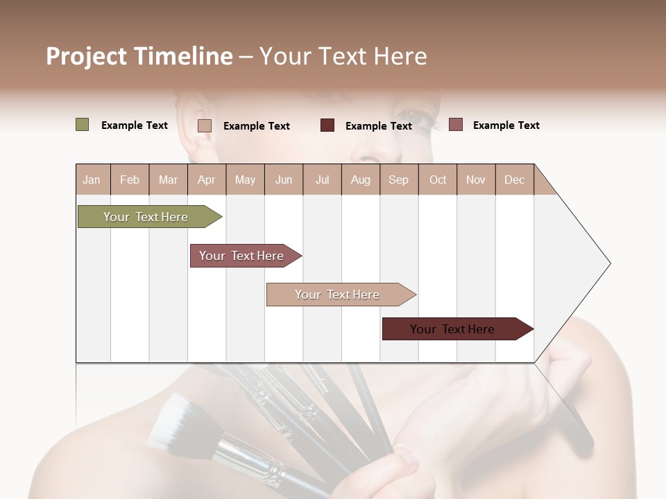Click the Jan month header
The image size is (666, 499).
tap(92, 180)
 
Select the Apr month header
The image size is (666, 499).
tap(206, 180)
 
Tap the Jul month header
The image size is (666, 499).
tap(322, 180)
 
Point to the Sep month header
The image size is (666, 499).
tap(398, 180)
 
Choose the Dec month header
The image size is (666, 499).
tap(514, 180)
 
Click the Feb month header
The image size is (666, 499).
tap(130, 180)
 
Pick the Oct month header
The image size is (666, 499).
tap(438, 180)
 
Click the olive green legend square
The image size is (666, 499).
tap(83, 125)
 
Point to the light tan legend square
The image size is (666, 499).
tap(205, 125)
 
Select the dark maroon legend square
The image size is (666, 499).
tap(327, 125)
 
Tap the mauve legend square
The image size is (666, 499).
tap(456, 125)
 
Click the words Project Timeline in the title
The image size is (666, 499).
tap(139, 56)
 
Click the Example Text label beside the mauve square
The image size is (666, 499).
tap(506, 125)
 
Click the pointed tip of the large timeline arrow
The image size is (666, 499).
tap(609, 263)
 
